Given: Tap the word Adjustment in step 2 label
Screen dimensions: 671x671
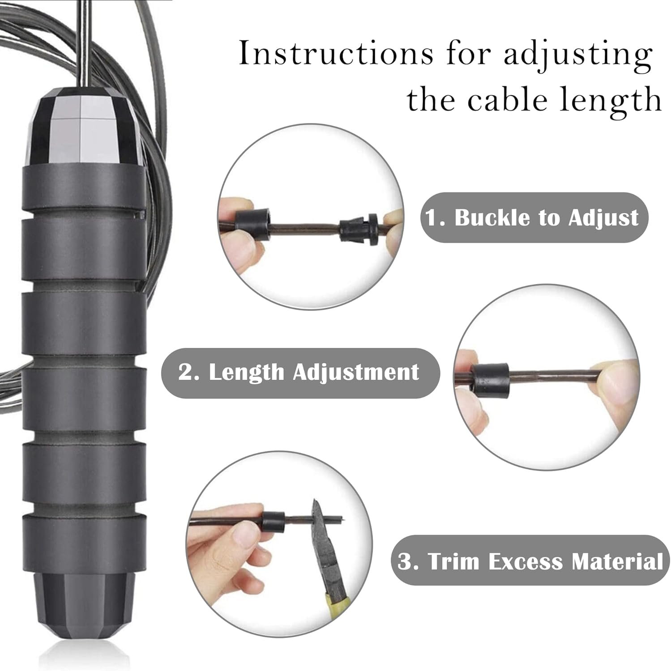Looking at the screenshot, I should (x=356, y=372).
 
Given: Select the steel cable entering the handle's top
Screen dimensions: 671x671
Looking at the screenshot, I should (x=83, y=45).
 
